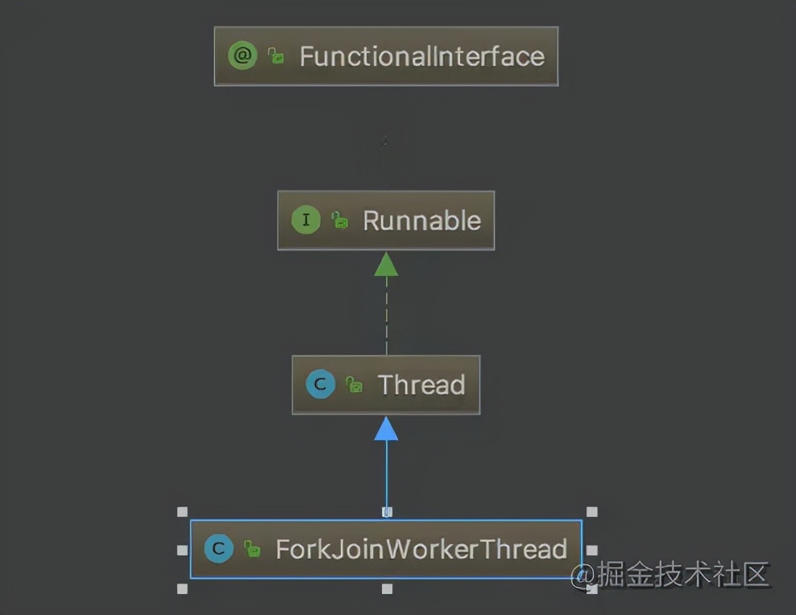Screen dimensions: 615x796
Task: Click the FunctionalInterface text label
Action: click(x=421, y=56)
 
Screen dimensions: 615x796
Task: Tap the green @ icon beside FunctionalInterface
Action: click(x=242, y=56)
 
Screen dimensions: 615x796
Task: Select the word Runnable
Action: click(x=421, y=221)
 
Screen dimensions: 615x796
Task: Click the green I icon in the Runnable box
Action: click(x=305, y=221)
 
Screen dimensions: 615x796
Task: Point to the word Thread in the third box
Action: click(x=421, y=385)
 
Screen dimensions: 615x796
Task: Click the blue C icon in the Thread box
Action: click(x=320, y=385)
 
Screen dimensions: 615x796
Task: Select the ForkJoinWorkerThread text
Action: click(x=421, y=549)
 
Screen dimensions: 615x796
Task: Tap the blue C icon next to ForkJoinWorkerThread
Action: click(x=218, y=549)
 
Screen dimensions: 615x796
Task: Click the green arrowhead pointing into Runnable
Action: click(x=386, y=265)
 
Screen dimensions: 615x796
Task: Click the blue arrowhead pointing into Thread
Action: click(x=386, y=429)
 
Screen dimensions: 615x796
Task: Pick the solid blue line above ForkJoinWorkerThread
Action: click(x=386, y=475)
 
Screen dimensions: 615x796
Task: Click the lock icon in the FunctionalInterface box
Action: click(x=276, y=56)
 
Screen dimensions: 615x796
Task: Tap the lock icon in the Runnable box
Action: click(x=340, y=221)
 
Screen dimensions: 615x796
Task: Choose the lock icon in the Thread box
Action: click(x=354, y=385)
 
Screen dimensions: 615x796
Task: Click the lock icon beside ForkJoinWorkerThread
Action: click(x=252, y=550)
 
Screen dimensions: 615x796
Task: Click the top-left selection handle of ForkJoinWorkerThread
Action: click(x=182, y=512)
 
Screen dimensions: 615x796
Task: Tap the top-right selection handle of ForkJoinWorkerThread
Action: click(x=592, y=512)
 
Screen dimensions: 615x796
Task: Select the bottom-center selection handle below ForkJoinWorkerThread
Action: click(x=387, y=589)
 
